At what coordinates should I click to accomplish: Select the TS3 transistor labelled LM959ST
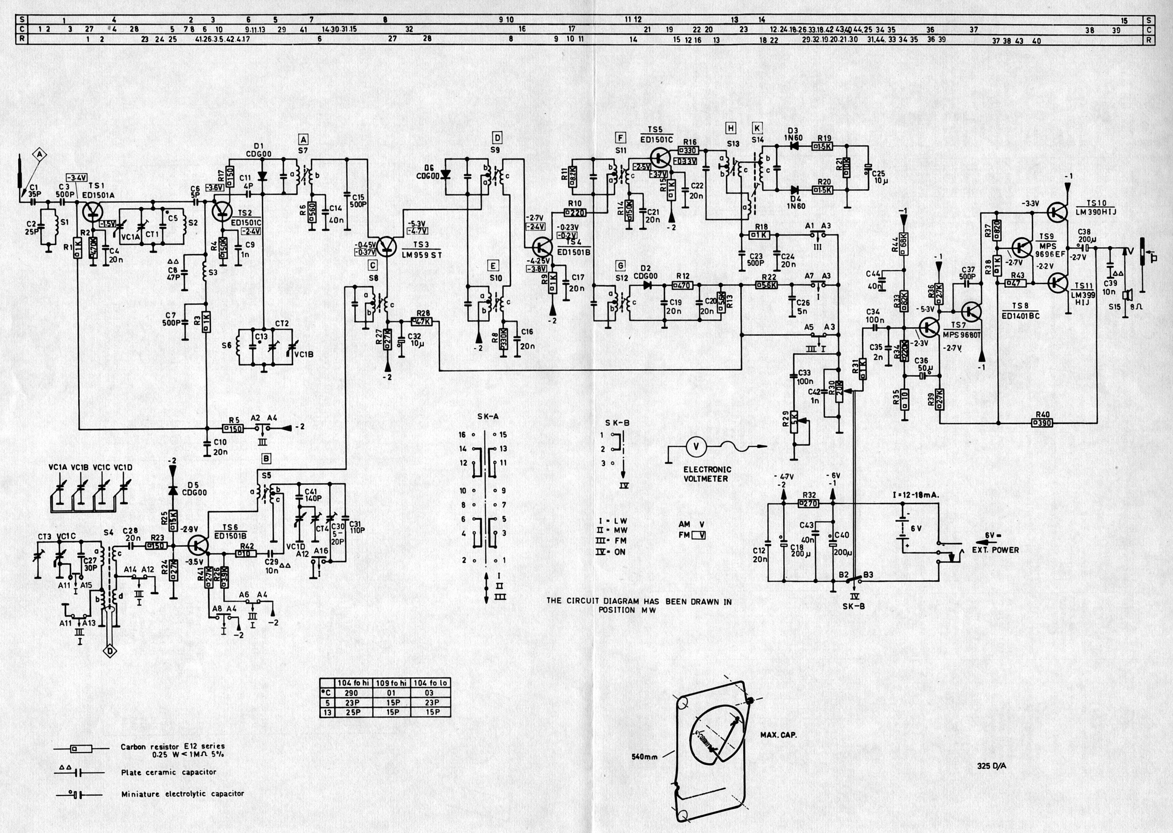coord(387,247)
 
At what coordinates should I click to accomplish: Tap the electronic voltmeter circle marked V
coord(696,447)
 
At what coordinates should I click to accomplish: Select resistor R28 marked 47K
coord(423,322)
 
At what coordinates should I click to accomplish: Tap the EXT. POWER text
coord(995,550)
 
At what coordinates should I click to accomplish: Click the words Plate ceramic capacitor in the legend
coord(169,772)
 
